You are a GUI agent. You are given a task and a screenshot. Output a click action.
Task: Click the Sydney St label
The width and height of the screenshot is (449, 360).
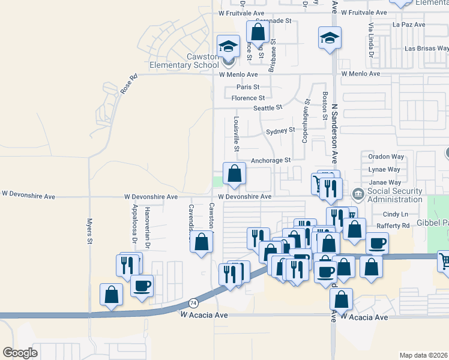(280, 130)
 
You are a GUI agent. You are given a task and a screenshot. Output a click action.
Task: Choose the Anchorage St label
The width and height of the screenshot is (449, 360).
(270, 160)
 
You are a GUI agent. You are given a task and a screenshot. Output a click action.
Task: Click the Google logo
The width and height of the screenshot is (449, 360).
(20, 353)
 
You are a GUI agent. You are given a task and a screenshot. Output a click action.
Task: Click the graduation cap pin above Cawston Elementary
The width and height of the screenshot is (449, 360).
(228, 46)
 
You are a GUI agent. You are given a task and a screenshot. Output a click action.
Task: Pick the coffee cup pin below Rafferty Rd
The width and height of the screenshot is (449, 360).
(377, 243)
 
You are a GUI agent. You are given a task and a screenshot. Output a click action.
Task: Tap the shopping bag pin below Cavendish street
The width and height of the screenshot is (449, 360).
(202, 242)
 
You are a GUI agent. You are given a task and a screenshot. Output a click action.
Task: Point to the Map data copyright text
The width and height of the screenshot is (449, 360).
(424, 355)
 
